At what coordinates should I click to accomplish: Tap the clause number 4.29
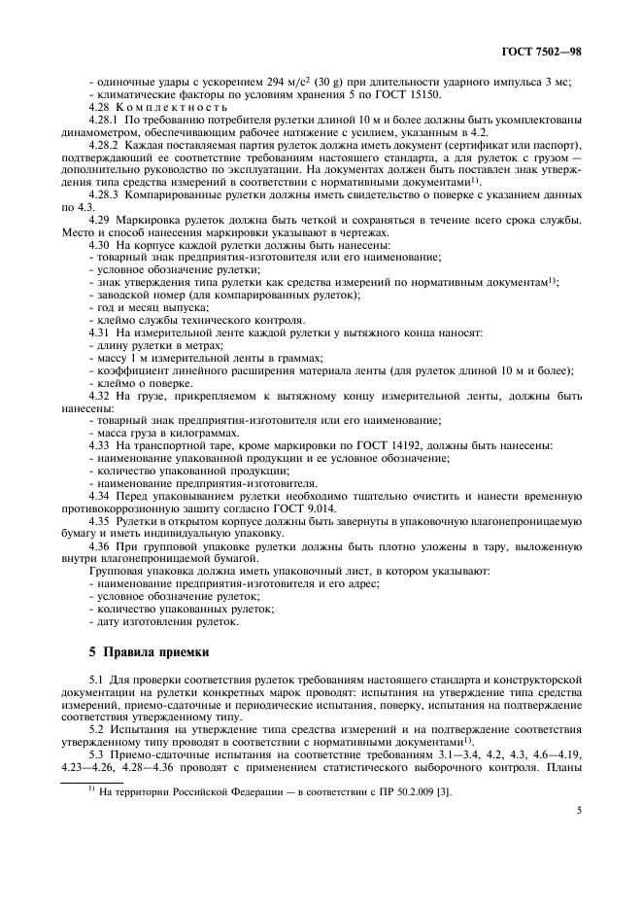[100, 221]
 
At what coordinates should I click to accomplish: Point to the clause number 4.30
[100, 245]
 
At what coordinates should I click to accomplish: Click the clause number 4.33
[100, 444]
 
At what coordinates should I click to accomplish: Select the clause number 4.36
[100, 544]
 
